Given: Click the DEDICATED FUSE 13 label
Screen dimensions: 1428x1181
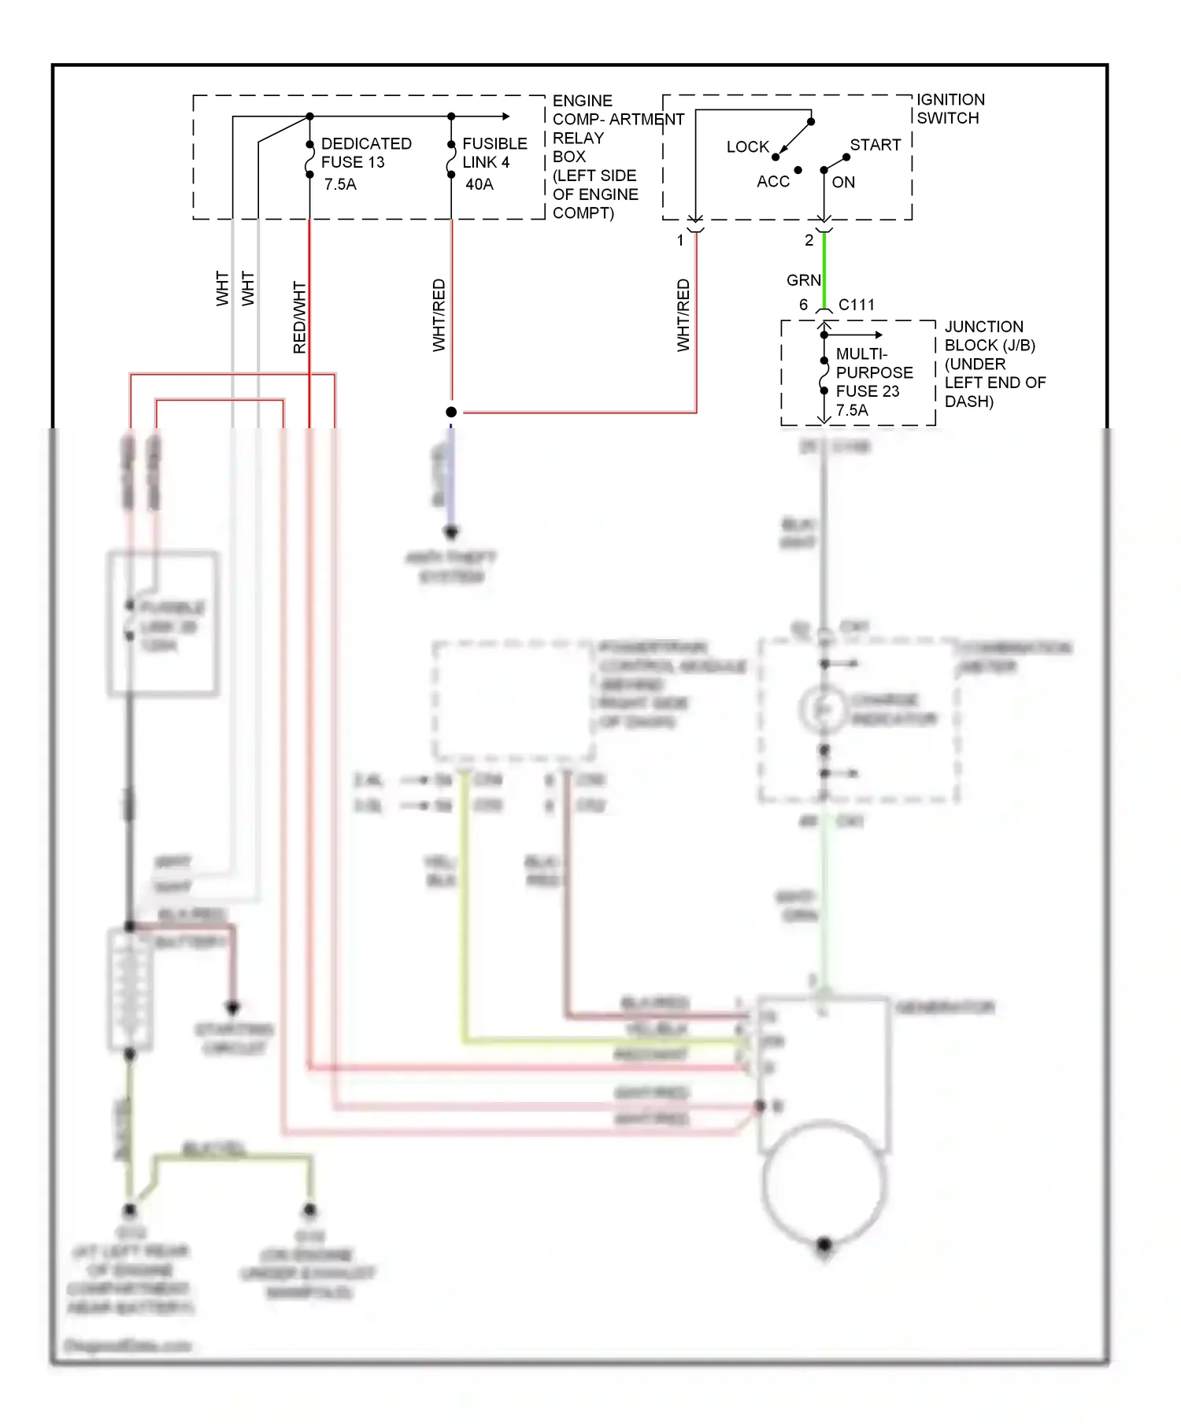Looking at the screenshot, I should pyautogui.click(x=365, y=153).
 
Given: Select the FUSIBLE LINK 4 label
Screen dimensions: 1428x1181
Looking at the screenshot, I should pyautogui.click(x=494, y=153).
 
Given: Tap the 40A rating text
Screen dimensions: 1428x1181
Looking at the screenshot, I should pyautogui.click(x=479, y=184).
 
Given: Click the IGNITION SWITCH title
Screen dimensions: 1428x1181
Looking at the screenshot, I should pyautogui.click(x=950, y=109).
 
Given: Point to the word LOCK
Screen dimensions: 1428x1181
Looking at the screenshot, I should pyautogui.click(x=747, y=146).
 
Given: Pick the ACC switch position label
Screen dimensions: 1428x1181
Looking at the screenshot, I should pyautogui.click(x=772, y=182).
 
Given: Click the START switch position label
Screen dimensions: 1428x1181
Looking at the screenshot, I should pyautogui.click(x=875, y=145).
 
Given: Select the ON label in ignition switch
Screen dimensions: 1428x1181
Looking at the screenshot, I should pyautogui.click(x=843, y=183).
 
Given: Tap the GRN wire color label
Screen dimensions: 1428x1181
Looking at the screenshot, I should pyautogui.click(x=803, y=280).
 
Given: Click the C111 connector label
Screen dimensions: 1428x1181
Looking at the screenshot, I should pyautogui.click(x=857, y=305).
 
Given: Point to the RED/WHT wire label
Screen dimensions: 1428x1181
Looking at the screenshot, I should pyautogui.click(x=299, y=317).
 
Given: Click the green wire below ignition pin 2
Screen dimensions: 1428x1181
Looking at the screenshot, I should pyautogui.click(x=824, y=268).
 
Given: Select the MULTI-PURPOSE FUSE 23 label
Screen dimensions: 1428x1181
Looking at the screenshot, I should pyautogui.click(x=873, y=372).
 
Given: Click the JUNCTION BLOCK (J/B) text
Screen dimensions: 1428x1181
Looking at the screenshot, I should pyautogui.click(x=990, y=336).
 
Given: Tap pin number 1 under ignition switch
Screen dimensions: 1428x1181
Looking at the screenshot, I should pyautogui.click(x=680, y=241).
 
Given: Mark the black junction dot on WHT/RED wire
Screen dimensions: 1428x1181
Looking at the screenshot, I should pyautogui.click(x=451, y=412).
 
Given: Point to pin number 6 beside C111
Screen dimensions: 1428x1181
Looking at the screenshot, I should pyautogui.click(x=803, y=305).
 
